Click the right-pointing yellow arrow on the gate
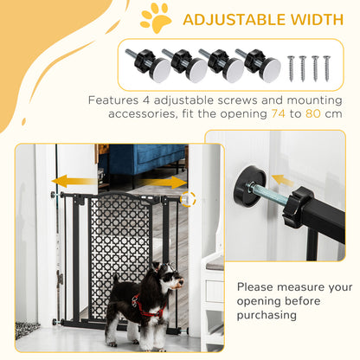[174, 183]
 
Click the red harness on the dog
[149, 305]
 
